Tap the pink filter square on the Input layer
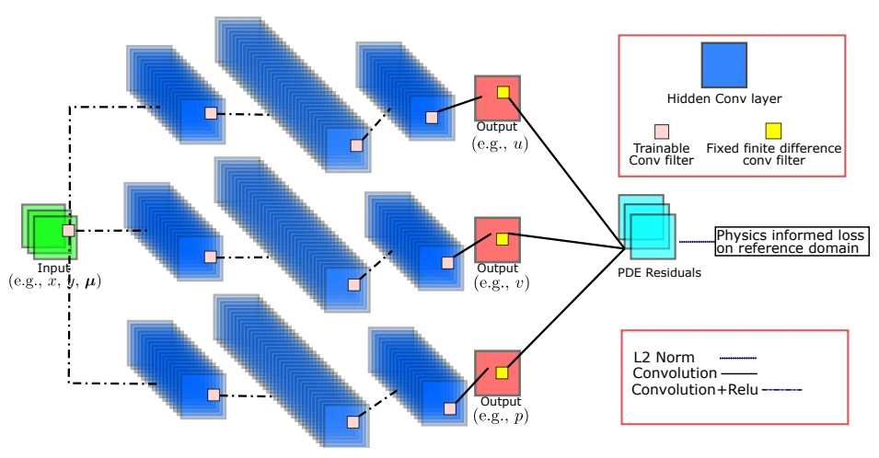pos(67,230)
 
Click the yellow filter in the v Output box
pos(503,239)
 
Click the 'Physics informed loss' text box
pos(792,242)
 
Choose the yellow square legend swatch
pos(774,128)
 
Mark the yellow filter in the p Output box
pos(503,373)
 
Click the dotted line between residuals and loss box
pos(697,242)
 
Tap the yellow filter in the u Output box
pos(503,92)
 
